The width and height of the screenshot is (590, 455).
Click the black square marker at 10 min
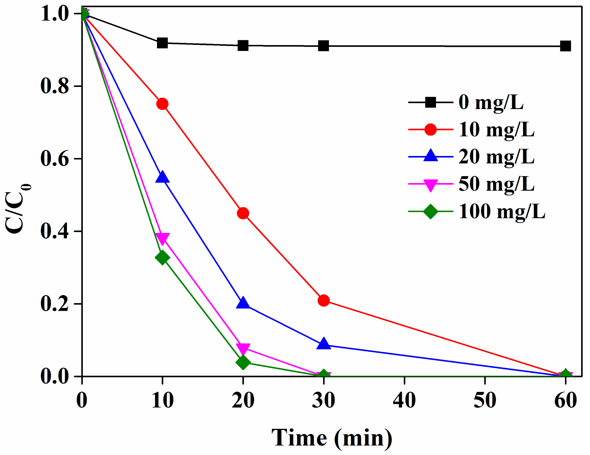[162, 43]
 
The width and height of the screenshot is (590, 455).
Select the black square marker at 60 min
[565, 46]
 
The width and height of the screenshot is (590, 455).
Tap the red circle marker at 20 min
[243, 213]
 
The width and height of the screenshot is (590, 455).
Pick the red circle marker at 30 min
[323, 300]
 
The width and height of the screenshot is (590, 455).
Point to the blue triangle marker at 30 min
[323, 344]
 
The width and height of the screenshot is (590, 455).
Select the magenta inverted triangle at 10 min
[162, 238]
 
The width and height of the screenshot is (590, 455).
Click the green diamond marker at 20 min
[243, 362]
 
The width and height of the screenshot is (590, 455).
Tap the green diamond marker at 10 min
[162, 257]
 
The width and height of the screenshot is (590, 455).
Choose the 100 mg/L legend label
[502, 212]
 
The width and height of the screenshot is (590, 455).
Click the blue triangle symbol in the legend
[430, 156]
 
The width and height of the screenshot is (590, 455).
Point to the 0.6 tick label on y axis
[55, 159]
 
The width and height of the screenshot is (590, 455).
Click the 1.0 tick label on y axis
[55, 14]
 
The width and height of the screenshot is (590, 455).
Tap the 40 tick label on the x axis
[404, 400]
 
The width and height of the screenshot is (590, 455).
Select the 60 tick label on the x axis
[565, 400]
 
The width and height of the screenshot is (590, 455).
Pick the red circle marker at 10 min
[162, 104]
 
